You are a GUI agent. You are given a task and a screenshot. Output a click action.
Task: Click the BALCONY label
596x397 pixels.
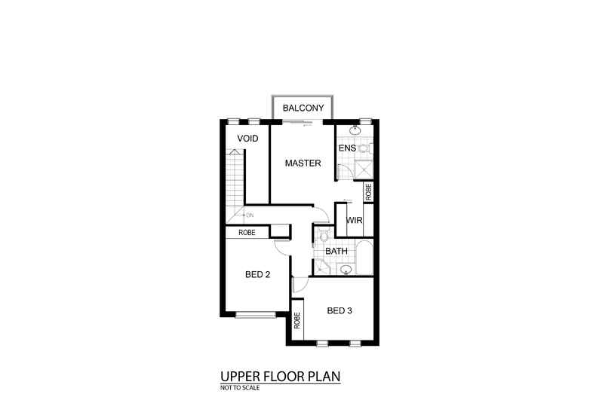point(303,108)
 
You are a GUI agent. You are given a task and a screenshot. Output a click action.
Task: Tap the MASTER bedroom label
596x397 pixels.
point(303,163)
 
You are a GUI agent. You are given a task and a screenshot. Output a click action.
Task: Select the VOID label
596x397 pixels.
point(248,139)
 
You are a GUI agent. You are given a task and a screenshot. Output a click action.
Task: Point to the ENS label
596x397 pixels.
point(347,148)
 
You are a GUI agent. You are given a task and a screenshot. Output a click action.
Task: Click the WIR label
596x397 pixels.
point(354,221)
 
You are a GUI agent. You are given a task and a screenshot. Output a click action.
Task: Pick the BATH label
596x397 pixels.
point(336,252)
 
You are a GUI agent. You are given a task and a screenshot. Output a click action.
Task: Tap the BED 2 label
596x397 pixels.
point(258,275)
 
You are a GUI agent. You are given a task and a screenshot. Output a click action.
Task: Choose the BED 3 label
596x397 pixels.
point(339,310)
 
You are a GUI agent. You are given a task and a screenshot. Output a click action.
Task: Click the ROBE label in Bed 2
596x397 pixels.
point(247,233)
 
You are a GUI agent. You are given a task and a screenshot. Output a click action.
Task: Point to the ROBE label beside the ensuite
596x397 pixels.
point(368,191)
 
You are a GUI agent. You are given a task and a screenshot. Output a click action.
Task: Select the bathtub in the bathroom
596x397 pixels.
point(365,257)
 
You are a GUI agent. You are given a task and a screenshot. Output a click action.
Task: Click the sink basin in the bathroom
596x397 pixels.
point(346,269)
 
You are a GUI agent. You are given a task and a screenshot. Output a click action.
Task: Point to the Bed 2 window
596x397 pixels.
point(255,314)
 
